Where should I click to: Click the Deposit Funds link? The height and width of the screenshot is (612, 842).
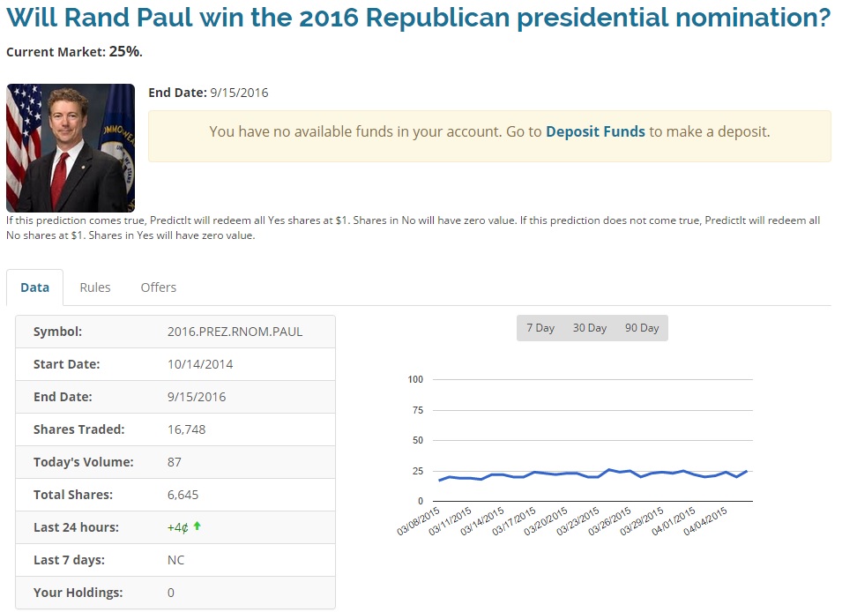tap(595, 131)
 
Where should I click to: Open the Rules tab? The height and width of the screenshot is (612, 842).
tap(95, 287)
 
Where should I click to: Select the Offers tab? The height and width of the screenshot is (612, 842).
tap(159, 287)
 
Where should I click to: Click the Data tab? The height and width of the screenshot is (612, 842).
tap(35, 287)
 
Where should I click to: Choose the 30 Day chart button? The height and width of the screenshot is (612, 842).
tap(590, 328)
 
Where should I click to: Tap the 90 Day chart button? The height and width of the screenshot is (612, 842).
tap(642, 328)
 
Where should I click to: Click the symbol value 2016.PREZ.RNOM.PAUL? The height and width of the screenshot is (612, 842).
tap(235, 332)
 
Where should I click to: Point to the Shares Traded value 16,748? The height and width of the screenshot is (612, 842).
tap(186, 429)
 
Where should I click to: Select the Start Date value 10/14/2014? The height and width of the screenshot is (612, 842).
tap(200, 364)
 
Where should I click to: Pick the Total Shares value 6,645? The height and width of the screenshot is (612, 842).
tap(183, 495)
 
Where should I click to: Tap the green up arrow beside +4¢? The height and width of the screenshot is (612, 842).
tap(197, 526)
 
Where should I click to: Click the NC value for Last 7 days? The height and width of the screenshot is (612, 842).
tap(175, 560)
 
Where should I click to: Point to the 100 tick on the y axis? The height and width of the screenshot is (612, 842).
tap(416, 380)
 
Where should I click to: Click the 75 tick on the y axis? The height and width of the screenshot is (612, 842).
tap(418, 411)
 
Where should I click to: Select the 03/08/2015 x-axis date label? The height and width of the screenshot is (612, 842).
tap(420, 521)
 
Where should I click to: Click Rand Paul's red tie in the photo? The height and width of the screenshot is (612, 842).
tap(60, 176)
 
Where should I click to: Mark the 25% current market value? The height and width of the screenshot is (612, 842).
tap(124, 51)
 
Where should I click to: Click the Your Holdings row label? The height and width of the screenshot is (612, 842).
tap(78, 593)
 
